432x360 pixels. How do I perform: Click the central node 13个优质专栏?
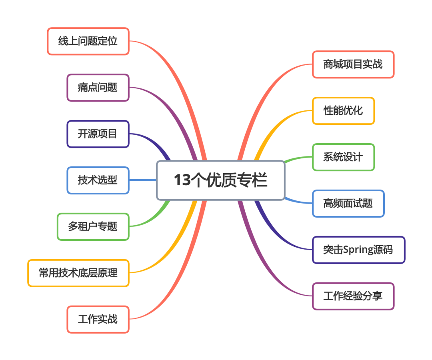point(220,180)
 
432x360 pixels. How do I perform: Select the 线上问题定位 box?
point(88,41)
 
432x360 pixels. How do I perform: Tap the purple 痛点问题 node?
point(98,88)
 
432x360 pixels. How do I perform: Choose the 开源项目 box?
point(98,134)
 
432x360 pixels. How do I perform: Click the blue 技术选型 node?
point(98,180)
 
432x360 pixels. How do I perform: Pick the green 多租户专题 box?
point(93,227)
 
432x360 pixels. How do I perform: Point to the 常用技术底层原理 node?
point(78,273)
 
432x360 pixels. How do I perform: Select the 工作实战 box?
point(98,320)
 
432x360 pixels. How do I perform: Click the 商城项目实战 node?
point(353,64)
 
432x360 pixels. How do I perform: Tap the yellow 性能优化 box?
point(343,111)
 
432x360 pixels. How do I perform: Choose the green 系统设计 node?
point(343,157)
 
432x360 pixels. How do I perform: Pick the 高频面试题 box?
point(348,204)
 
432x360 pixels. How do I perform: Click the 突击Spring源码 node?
point(358,250)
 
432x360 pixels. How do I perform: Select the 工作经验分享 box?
point(353,296)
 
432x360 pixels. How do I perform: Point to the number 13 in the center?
point(182,180)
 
